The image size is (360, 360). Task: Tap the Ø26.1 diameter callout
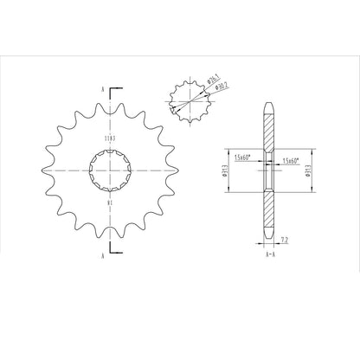212,82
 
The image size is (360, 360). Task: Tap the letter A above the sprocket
102,89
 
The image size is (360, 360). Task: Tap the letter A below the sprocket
102,257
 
